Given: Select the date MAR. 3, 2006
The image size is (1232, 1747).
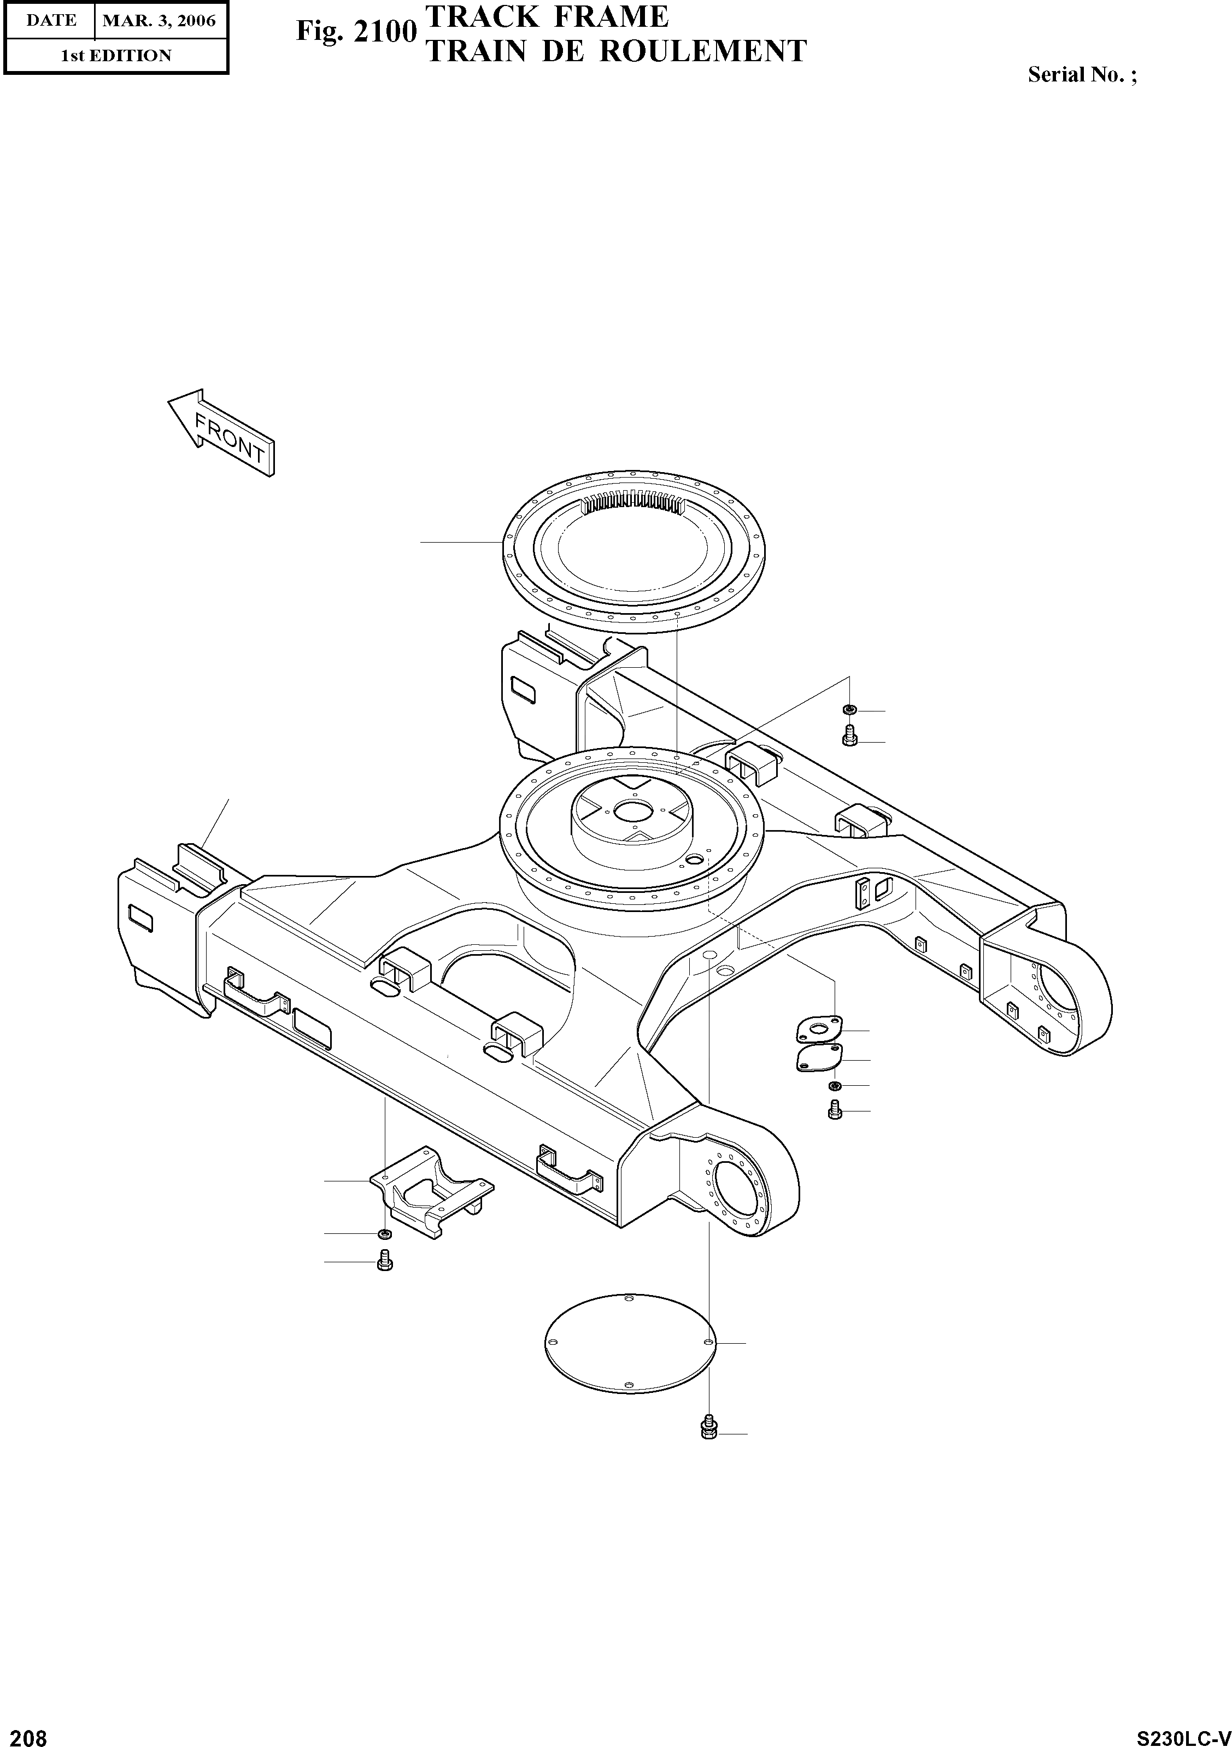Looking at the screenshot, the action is pyautogui.click(x=159, y=21).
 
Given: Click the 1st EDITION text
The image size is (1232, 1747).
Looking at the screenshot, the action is pyautogui.click(x=116, y=56).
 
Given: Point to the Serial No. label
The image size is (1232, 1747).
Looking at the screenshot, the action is pyautogui.click(x=1081, y=75).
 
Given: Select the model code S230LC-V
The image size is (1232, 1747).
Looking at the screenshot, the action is pyautogui.click(x=1183, y=1733).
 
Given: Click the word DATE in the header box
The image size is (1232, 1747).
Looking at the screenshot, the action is pyautogui.click(x=51, y=21).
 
